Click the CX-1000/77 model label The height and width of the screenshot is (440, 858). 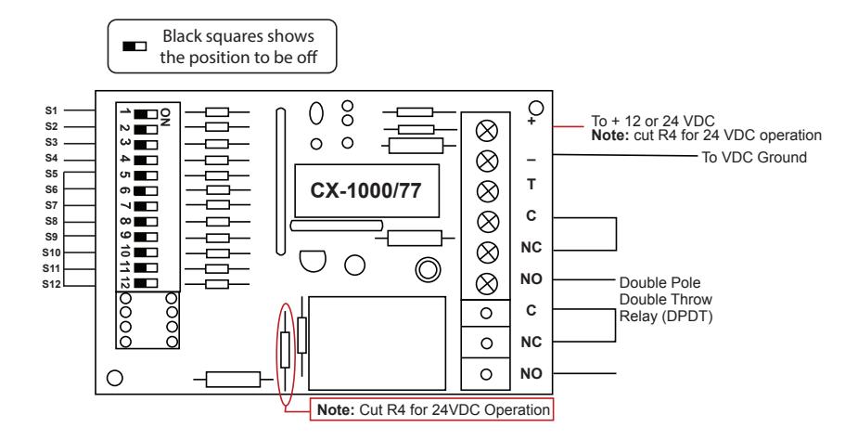tap(366, 190)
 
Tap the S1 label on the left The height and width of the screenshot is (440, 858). tap(51, 110)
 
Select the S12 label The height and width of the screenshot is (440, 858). tap(51, 284)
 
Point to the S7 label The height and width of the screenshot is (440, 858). tap(51, 205)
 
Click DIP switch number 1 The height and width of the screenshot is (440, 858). tap(147, 114)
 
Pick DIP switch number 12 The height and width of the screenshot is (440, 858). tap(147, 283)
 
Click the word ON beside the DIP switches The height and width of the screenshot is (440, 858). tap(166, 117)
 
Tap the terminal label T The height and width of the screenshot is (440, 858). tap(531, 185)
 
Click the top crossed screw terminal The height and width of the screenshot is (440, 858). tap(487, 130)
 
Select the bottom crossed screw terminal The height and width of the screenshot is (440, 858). tap(487, 284)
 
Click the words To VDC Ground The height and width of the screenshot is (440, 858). tap(754, 157)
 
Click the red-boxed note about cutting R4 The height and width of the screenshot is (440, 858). tap(431, 409)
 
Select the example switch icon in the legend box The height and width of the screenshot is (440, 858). tap(134, 46)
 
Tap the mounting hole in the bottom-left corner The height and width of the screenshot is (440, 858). tap(114, 378)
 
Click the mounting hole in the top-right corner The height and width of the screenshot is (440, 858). tap(537, 107)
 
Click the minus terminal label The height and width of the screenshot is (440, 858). tap(531, 160)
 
